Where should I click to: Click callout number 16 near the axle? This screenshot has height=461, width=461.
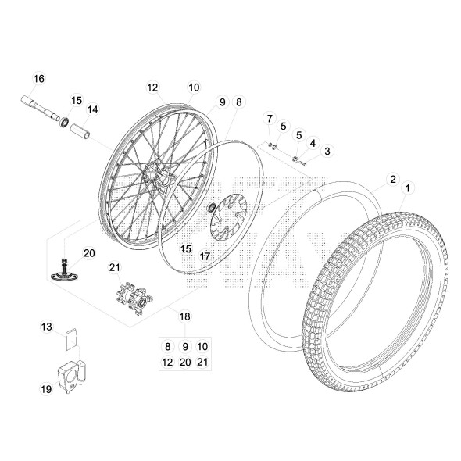tap(39, 79)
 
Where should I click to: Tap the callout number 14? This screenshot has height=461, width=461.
tap(93, 109)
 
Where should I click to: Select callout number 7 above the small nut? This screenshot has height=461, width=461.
tap(270, 119)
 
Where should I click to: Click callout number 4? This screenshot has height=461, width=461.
tap(312, 143)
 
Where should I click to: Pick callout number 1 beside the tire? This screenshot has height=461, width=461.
tap(406, 189)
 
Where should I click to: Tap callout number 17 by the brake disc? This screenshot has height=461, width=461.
tap(205, 256)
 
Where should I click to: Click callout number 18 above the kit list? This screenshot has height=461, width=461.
tap(185, 316)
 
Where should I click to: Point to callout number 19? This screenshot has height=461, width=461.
tap(46, 388)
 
